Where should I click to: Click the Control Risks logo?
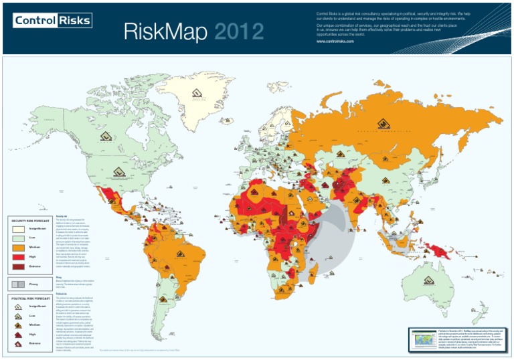tap(52, 21)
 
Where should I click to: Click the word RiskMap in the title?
tap(166, 32)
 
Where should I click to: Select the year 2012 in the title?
tap(238, 32)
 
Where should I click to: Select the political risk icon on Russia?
tap(383, 123)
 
